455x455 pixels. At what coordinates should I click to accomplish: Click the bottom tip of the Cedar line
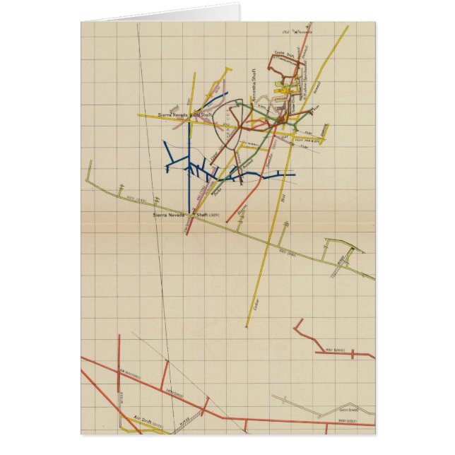point(247,327)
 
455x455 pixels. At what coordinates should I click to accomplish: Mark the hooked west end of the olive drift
point(89,163)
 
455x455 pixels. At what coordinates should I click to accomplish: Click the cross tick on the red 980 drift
point(352,354)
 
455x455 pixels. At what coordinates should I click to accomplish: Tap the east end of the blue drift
point(294,175)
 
